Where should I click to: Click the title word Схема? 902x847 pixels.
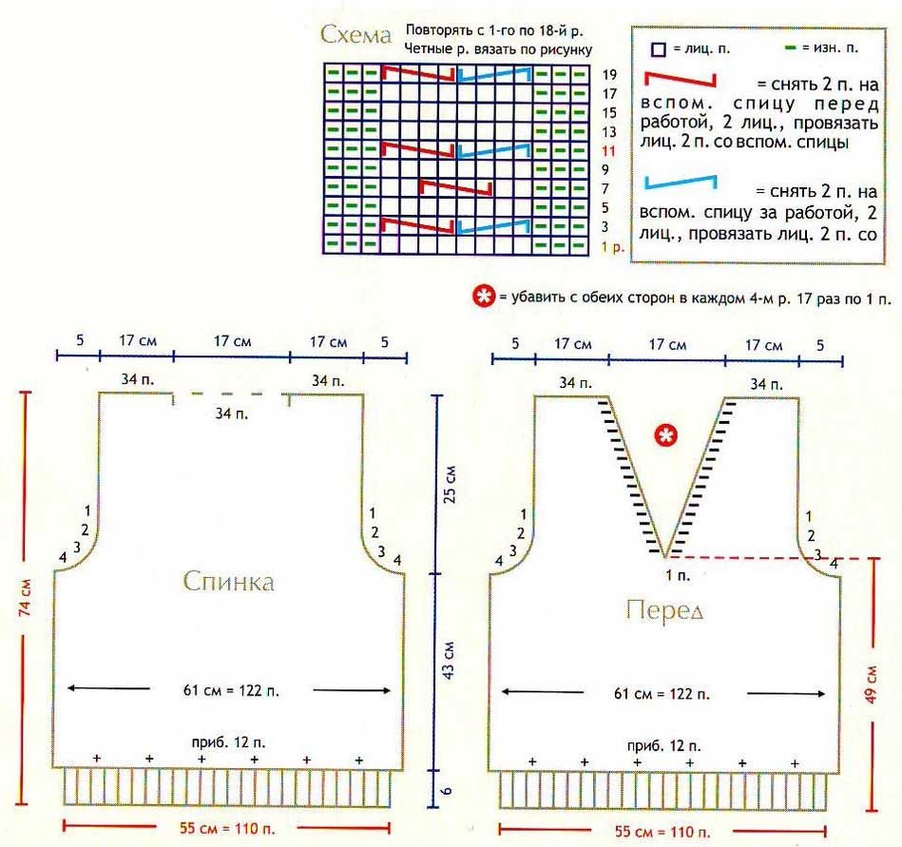pyautogui.click(x=356, y=36)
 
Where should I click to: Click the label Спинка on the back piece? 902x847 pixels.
pyautogui.click(x=229, y=580)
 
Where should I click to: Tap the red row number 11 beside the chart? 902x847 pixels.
pyautogui.click(x=610, y=150)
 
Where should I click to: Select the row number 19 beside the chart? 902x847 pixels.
pyautogui.click(x=610, y=74)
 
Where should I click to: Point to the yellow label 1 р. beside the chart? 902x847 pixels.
pyautogui.click(x=613, y=247)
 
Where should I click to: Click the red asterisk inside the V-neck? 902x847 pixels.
pyautogui.click(x=667, y=435)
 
